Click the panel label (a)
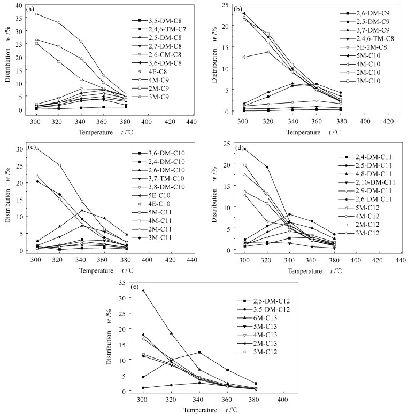pyautogui.click(x=32, y=9)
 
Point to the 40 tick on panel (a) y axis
pyautogui.click(x=20, y=5)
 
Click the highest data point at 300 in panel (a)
pyautogui.click(x=36, y=14)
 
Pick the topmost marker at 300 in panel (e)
pyautogui.click(x=143, y=290)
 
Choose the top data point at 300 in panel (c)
pyautogui.click(x=36, y=149)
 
